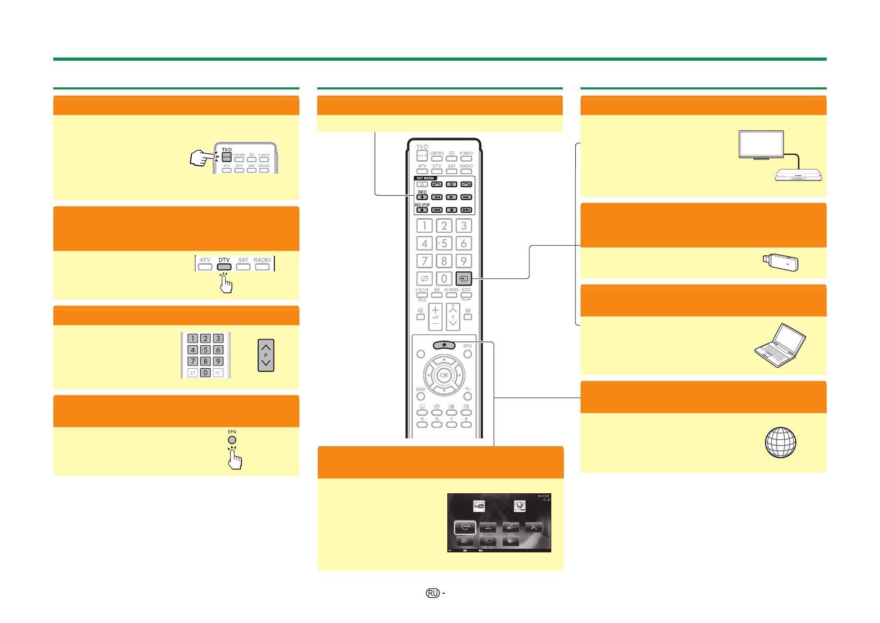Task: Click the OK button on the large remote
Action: click(x=444, y=375)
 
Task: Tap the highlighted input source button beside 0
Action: click(x=464, y=279)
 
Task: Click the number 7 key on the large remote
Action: click(x=424, y=261)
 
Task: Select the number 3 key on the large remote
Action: click(x=464, y=225)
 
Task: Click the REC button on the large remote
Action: click(x=422, y=197)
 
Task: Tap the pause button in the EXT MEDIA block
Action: click(x=451, y=184)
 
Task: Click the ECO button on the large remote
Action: click(x=466, y=295)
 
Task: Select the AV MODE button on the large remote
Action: click(x=451, y=295)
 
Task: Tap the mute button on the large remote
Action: click(x=421, y=316)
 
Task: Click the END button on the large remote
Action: click(x=421, y=397)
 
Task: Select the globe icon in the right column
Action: click(x=780, y=443)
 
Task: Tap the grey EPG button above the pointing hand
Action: click(x=232, y=440)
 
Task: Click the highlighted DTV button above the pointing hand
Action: click(x=224, y=267)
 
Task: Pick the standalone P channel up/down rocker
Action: click(x=266, y=355)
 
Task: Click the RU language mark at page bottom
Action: click(x=433, y=593)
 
